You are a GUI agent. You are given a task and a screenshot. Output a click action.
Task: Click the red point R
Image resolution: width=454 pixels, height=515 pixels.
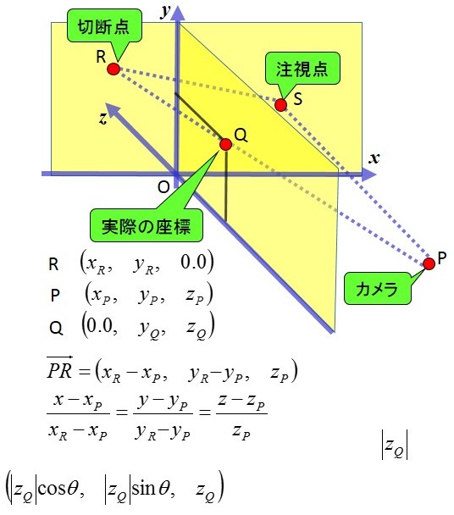113,69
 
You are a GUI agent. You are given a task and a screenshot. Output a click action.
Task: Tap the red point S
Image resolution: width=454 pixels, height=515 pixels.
281,105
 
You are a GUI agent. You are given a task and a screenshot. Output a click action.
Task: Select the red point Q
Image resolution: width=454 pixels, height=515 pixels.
225,144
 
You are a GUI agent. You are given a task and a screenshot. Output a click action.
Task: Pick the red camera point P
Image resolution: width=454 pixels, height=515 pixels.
429,263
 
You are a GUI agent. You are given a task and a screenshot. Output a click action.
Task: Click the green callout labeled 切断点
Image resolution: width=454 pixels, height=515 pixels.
104,25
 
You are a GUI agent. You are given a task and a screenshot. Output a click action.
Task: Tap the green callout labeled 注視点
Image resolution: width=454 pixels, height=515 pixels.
302,69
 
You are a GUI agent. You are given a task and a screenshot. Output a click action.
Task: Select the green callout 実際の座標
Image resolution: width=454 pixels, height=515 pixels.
147,225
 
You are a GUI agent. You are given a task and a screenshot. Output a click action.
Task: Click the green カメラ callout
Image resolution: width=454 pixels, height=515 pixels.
377,288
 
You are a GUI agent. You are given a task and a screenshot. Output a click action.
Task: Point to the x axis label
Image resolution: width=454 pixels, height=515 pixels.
374,158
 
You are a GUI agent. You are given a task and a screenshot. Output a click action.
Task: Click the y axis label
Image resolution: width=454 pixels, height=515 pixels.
166,12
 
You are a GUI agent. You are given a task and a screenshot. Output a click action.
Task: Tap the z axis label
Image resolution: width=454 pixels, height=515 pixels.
103,119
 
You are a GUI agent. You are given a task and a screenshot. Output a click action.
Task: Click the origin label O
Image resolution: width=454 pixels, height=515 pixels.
163,187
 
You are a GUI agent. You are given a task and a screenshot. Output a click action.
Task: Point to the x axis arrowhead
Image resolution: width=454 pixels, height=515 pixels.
368,174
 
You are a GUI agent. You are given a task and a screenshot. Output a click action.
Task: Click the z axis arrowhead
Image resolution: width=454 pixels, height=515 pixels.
113,111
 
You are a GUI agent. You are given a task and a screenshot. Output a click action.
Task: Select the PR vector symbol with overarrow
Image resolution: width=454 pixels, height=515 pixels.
59,368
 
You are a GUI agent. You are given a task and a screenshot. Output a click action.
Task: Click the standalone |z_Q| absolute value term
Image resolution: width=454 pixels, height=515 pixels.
395,445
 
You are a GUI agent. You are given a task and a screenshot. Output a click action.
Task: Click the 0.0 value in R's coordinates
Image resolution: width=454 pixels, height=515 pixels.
193,262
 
